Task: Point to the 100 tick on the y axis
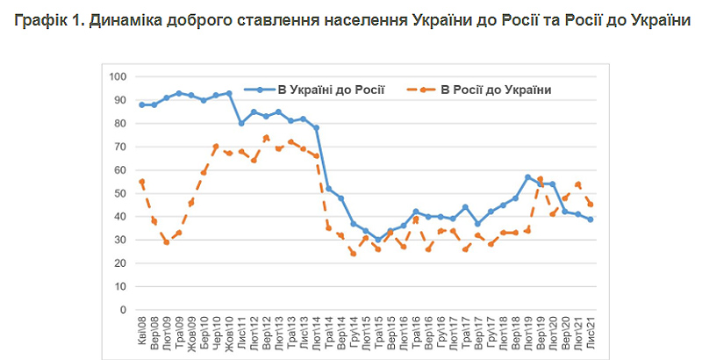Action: [118, 76]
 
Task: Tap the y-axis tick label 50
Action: [120, 193]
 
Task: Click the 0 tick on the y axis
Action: [124, 310]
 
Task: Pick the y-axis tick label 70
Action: [120, 147]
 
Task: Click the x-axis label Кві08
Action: [141, 333]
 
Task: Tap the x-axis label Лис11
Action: [242, 333]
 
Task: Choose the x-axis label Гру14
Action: [354, 333]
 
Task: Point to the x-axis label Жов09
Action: [191, 333]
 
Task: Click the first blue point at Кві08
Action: [141, 104]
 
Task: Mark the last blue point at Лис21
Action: [591, 219]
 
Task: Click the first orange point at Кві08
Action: [141, 182]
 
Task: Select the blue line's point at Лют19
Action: [528, 177]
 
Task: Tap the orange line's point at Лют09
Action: [167, 242]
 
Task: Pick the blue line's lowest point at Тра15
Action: [378, 240]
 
